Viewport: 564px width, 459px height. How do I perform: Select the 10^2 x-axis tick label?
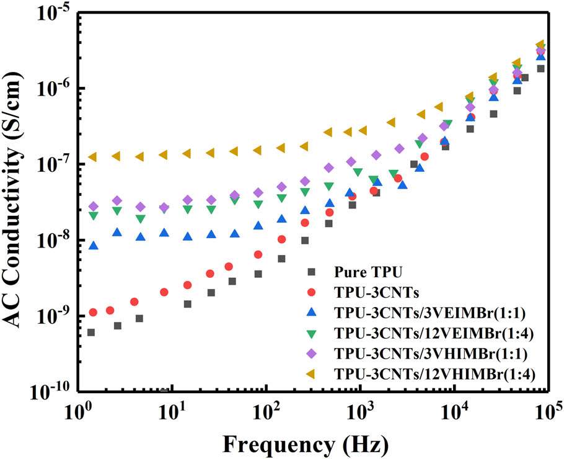[x=267, y=411]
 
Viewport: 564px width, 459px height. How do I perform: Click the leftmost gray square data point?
[x=91, y=332]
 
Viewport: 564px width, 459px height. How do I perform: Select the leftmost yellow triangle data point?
[x=92, y=157]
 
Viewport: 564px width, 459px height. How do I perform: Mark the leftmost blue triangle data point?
[x=93, y=246]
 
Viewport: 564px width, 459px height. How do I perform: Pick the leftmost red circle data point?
[x=93, y=312]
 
